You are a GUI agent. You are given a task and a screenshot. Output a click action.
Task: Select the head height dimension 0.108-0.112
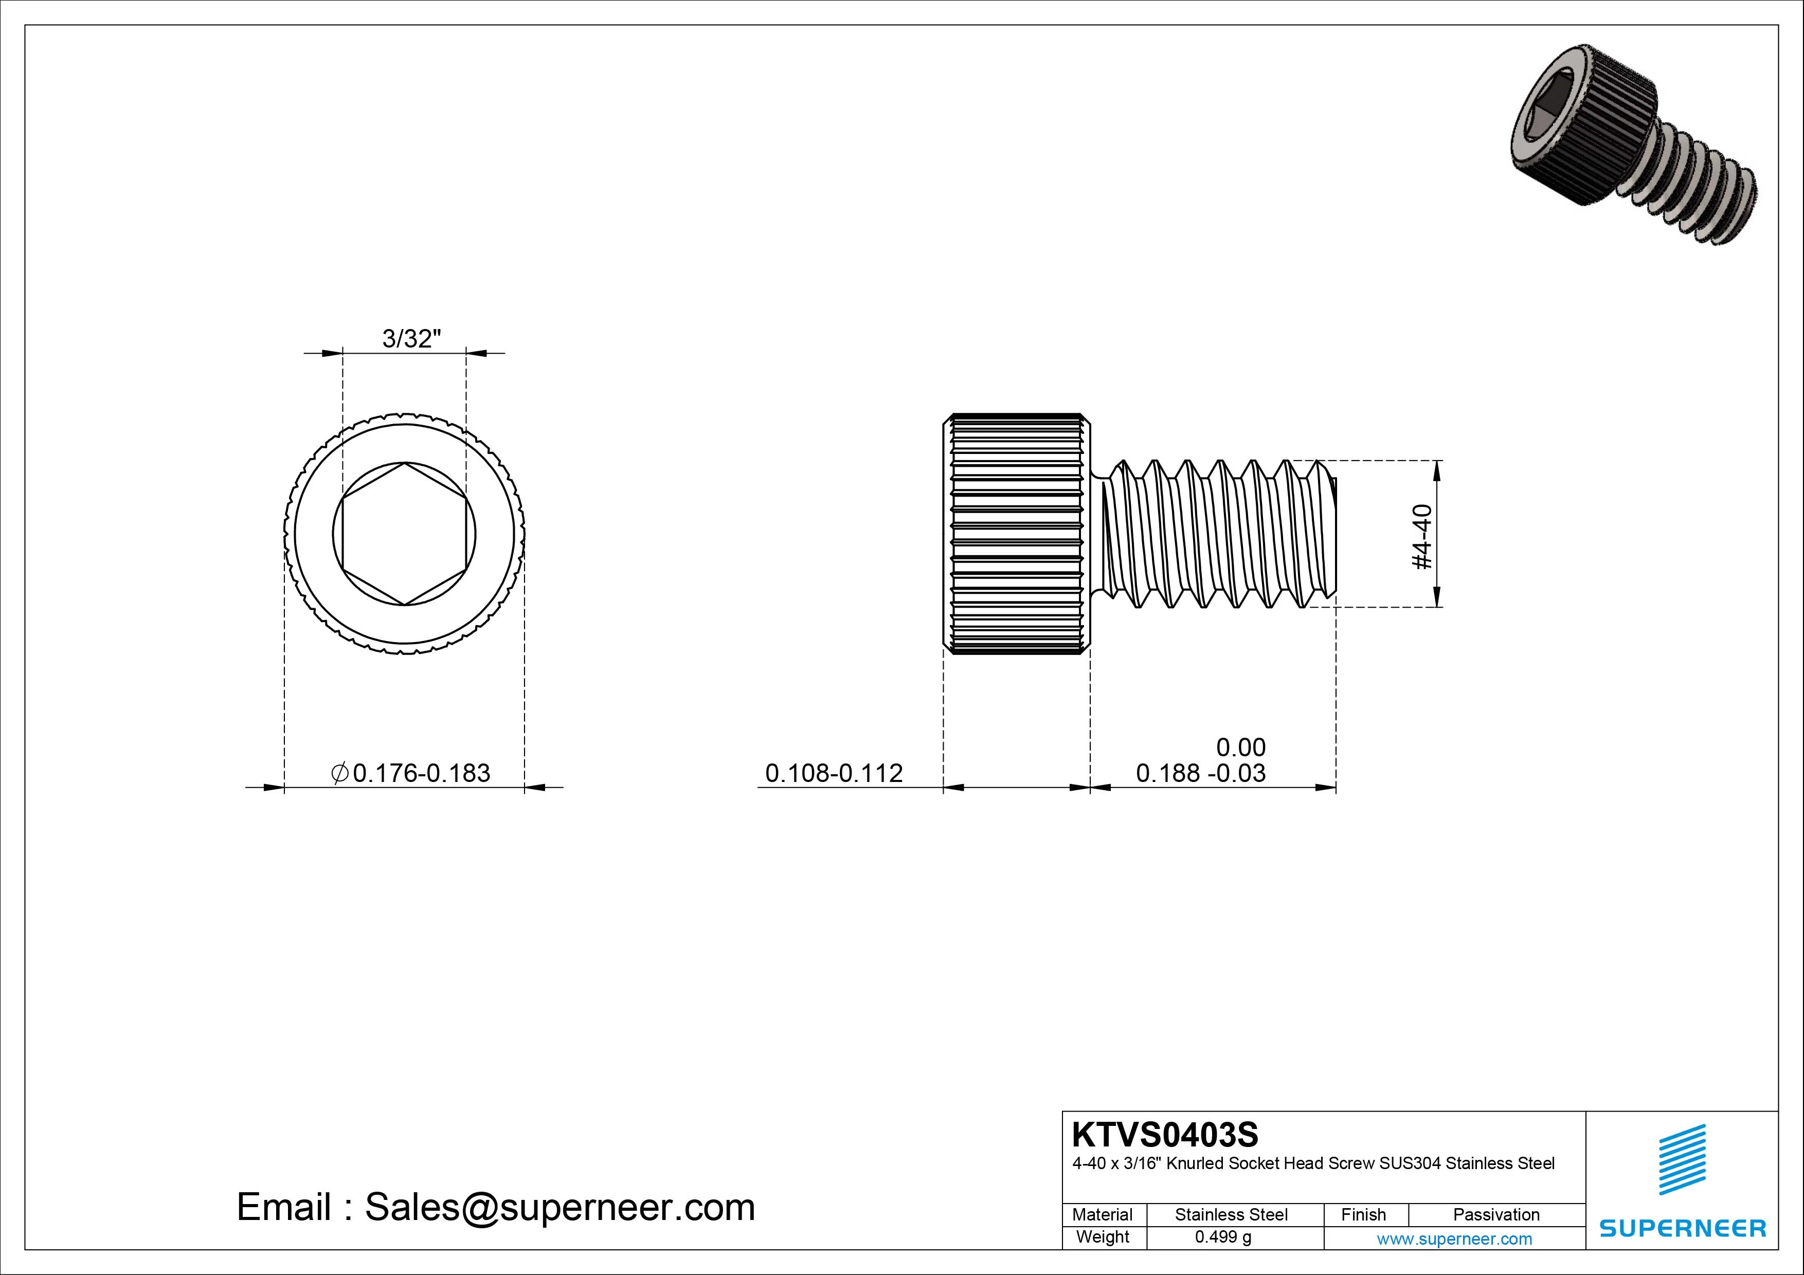[x=834, y=773]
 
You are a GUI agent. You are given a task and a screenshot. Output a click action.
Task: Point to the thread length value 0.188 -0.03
[x=1201, y=774]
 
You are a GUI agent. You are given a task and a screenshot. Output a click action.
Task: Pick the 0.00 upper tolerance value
[x=1241, y=746]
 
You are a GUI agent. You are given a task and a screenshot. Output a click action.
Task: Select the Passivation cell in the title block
[x=1496, y=1214]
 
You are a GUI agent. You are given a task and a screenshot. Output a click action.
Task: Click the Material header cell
[x=1103, y=1214]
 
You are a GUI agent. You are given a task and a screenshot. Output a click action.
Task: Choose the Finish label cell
[x=1363, y=1214]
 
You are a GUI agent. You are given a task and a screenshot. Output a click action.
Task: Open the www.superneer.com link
[x=1454, y=1239]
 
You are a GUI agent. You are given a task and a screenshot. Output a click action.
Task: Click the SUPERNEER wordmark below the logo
[x=1682, y=1228]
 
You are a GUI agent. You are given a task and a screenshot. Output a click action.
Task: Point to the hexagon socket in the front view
[x=404, y=534]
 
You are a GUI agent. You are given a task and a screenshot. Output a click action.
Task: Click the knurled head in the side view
[x=1016, y=534]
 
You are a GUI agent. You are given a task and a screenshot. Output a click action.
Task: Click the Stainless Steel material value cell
[x=1231, y=1214]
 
